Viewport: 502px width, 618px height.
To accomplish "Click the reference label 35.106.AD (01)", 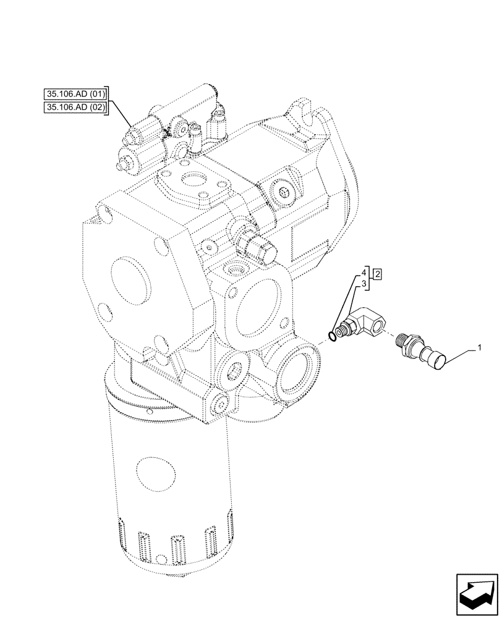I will point(76,95).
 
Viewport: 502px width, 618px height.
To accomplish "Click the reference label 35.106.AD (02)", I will point(76,108).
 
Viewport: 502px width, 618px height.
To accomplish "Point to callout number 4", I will point(365,273).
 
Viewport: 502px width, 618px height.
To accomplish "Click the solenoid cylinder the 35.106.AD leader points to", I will point(140,132).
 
